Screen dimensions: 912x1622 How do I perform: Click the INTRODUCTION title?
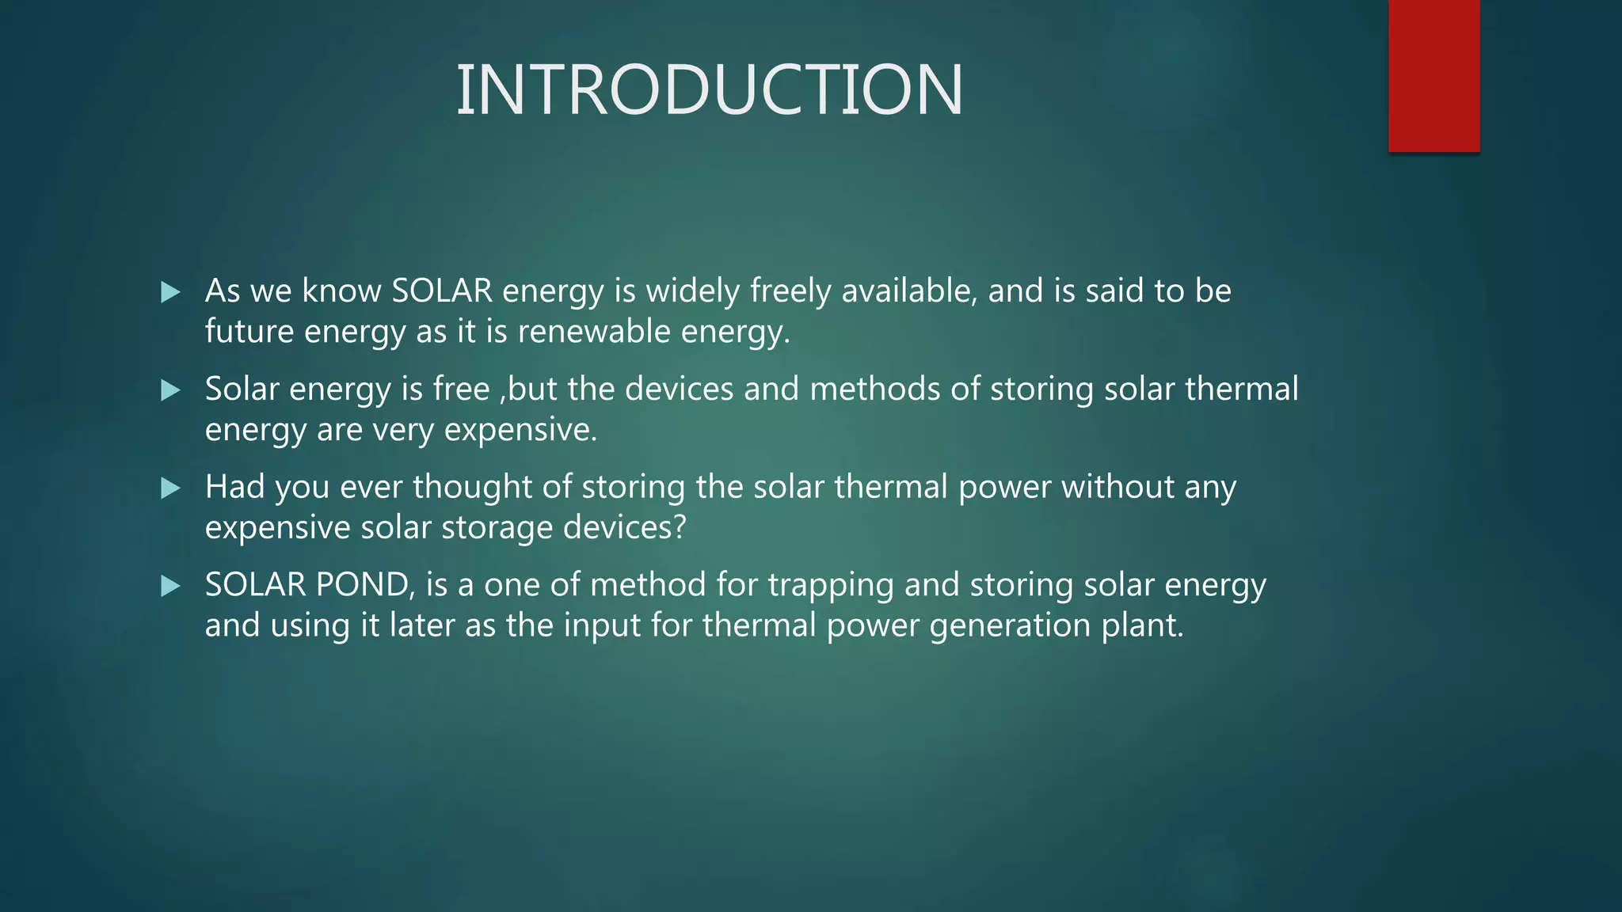click(x=710, y=90)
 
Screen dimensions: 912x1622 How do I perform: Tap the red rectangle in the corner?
click(x=1434, y=75)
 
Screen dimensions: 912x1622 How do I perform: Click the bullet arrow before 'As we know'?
click(x=170, y=293)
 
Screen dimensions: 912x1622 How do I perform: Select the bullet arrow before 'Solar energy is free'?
click(x=170, y=390)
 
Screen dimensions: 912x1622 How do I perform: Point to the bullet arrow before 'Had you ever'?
click(x=170, y=488)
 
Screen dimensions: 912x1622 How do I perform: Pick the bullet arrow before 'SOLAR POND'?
click(x=170, y=587)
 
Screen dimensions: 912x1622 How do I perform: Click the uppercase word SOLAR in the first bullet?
click(x=442, y=291)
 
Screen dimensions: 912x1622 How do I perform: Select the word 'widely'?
click(x=693, y=291)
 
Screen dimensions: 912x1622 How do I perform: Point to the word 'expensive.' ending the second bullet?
click(x=520, y=430)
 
